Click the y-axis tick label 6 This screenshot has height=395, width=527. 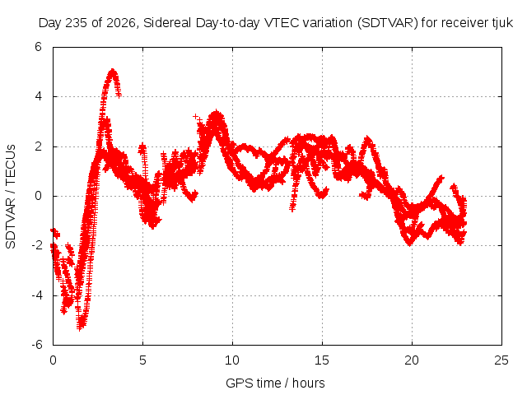[39, 47]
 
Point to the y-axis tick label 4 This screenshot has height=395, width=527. [39, 97]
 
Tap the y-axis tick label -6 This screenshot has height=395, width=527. [37, 345]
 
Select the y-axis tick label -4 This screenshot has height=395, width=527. [37, 295]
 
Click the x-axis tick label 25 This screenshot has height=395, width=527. [501, 360]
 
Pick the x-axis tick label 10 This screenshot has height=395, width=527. [232, 360]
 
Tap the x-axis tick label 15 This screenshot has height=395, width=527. [322, 360]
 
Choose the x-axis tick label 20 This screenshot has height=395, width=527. [412, 360]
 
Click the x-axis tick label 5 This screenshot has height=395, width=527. [142, 360]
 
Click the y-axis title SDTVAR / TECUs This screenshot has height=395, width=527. [11, 197]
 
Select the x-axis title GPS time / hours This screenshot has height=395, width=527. [275, 383]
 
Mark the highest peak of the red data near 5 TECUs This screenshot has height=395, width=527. [113, 71]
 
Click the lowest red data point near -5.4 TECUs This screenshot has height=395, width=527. [80, 328]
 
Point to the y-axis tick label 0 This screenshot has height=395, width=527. [39, 196]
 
